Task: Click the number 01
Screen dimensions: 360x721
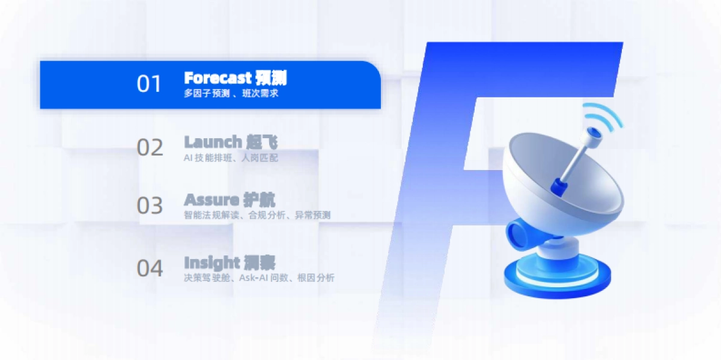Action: tap(150, 84)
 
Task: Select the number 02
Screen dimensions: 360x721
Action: tap(150, 147)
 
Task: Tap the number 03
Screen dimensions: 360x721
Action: tap(150, 206)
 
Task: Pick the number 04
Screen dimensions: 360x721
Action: tap(150, 268)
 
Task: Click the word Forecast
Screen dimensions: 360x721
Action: tap(217, 78)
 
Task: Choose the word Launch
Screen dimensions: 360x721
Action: tap(212, 142)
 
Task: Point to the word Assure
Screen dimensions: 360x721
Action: tap(211, 200)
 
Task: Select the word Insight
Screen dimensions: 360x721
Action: tap(211, 263)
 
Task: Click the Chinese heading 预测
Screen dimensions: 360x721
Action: tap(270, 78)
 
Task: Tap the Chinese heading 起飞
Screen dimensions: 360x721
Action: tap(262, 142)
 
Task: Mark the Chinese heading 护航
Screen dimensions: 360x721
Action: tap(259, 200)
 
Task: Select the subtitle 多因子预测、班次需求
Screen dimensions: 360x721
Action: tap(231, 94)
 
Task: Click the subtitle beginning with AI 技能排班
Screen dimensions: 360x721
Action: tap(231, 157)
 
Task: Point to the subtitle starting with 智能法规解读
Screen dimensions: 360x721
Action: tap(257, 215)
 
